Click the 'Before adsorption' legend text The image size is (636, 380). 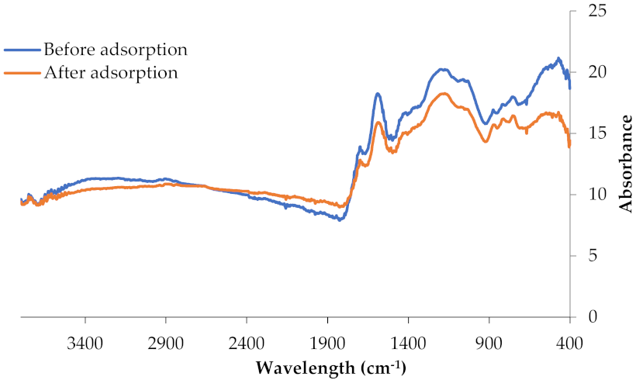pos(116,50)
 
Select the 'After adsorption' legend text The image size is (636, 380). pos(111,73)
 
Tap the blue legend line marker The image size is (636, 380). pos(22,50)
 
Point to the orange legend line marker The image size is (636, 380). pos(22,73)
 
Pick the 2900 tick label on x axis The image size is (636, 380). pos(166,342)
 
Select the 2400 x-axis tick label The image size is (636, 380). pos(247,342)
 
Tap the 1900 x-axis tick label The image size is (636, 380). pos(327,342)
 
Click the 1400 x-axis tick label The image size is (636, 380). pos(408,342)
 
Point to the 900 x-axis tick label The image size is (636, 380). pos(489,342)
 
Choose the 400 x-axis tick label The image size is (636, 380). pos(569,342)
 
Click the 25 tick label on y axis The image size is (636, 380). pos(593,11)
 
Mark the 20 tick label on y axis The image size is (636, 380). pos(593,72)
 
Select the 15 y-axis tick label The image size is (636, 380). pos(593,133)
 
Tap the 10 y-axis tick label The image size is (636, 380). pos(593,194)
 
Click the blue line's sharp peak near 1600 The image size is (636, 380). pos(378,94)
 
